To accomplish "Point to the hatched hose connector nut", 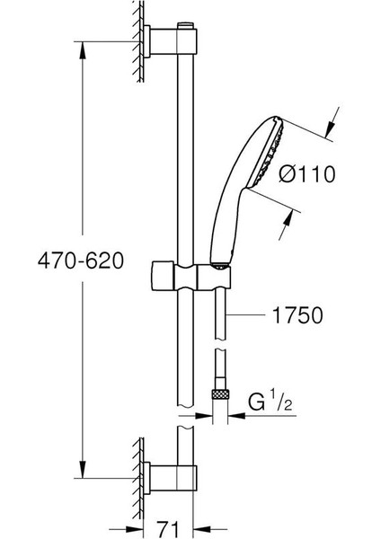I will [218, 393].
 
